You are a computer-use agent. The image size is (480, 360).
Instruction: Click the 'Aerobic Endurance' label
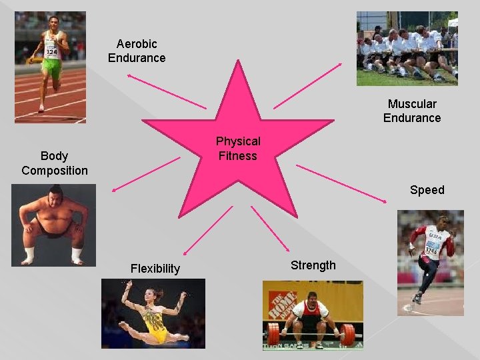coord(137,51)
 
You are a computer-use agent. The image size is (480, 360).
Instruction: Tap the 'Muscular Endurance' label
coord(412,111)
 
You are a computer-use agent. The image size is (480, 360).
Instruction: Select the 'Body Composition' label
coord(55,163)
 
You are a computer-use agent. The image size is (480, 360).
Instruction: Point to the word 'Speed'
coord(427,190)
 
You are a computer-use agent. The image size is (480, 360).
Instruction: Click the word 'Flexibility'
coord(155,269)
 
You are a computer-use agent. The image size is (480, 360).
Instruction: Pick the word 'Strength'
coord(313,265)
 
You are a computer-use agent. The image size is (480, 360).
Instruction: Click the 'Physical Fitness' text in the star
coord(238,149)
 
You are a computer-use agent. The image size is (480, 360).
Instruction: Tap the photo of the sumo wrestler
coord(53,225)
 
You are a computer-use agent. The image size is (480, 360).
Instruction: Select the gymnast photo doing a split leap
coord(153,313)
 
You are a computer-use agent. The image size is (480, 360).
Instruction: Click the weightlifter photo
coord(313,315)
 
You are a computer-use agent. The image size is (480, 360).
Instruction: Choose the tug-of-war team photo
coord(407,48)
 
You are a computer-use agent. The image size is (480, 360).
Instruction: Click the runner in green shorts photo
coord(50,67)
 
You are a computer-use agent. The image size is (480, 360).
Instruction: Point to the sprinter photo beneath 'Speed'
coord(430,263)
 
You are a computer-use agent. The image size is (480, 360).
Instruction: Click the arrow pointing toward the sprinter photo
coord(347,183)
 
